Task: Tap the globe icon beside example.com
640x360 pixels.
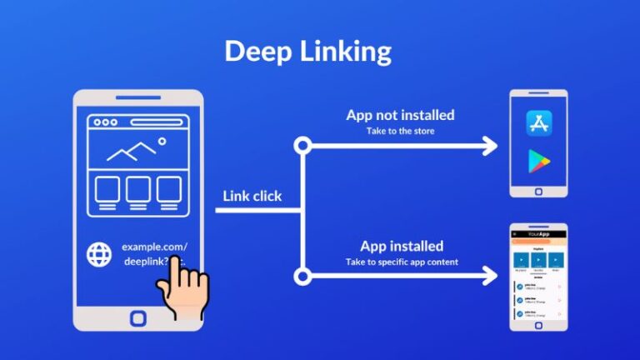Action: (x=99, y=254)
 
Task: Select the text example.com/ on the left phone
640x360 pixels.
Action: (x=155, y=247)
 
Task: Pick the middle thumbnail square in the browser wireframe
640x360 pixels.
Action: (x=138, y=191)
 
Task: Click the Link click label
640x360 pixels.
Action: (x=252, y=197)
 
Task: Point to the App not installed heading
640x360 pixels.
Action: (x=400, y=115)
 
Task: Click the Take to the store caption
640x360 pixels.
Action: (x=400, y=131)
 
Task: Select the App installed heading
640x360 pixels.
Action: (x=402, y=246)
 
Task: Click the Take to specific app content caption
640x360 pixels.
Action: (x=402, y=262)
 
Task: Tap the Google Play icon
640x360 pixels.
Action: (x=540, y=162)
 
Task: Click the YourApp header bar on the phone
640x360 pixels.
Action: (x=538, y=235)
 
